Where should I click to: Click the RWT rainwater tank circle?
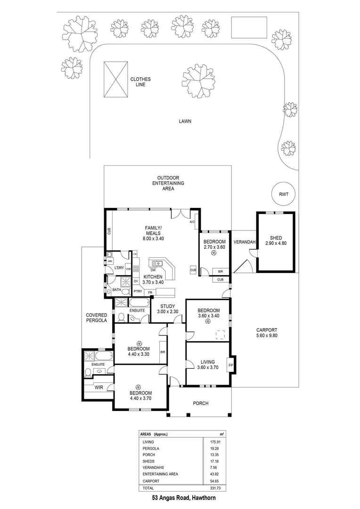283,194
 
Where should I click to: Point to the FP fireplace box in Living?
231,365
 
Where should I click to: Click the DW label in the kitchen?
153,270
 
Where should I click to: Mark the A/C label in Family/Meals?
192,222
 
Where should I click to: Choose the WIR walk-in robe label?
98,387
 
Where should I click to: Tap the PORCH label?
200,403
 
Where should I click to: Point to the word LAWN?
184,121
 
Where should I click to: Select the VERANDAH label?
245,242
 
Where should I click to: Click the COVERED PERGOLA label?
96,318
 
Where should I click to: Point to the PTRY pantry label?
138,291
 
